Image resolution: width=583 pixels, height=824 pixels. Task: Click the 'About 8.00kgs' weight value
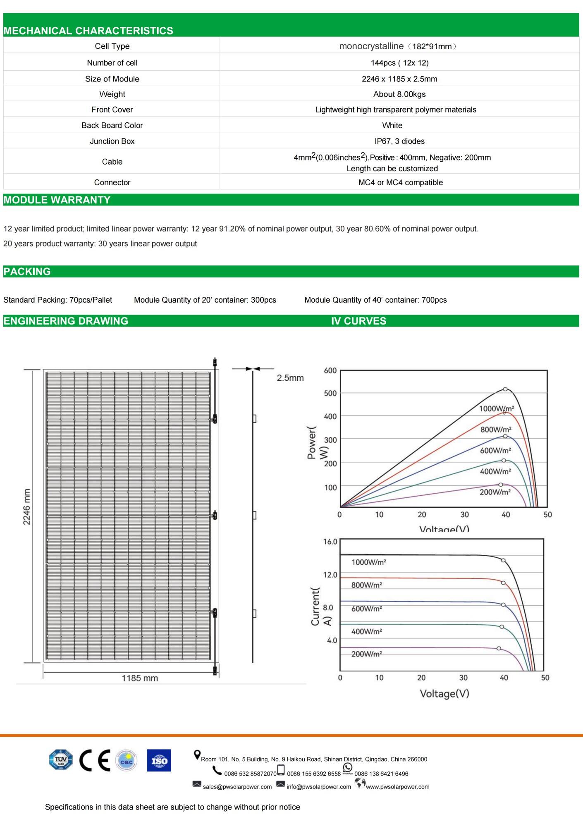point(399,94)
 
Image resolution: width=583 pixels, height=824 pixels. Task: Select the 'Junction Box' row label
point(112,141)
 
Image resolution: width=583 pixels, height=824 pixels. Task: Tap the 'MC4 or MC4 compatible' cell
point(400,182)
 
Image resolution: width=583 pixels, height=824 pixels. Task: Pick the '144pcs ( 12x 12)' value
point(399,63)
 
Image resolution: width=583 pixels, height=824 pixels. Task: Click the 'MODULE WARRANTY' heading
point(57,200)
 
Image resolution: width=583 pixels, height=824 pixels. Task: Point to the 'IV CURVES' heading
point(358,321)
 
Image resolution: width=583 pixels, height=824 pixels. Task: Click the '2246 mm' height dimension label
point(27,507)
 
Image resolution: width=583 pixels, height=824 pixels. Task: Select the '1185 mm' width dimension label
point(140,678)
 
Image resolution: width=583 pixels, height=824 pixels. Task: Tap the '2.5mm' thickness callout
point(290,378)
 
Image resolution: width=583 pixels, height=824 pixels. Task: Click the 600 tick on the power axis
point(330,370)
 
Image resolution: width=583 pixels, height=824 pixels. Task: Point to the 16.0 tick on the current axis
point(330,542)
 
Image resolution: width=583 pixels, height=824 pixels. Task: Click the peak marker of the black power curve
point(505,389)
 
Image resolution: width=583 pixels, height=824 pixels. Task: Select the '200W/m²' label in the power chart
point(495,492)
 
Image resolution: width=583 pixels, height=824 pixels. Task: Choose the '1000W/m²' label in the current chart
point(369,562)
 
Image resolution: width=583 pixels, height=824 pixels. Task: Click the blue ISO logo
point(159,760)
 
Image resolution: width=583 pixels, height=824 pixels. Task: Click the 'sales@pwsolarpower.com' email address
point(237,787)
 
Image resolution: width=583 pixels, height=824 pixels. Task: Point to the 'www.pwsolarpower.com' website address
point(397,787)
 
